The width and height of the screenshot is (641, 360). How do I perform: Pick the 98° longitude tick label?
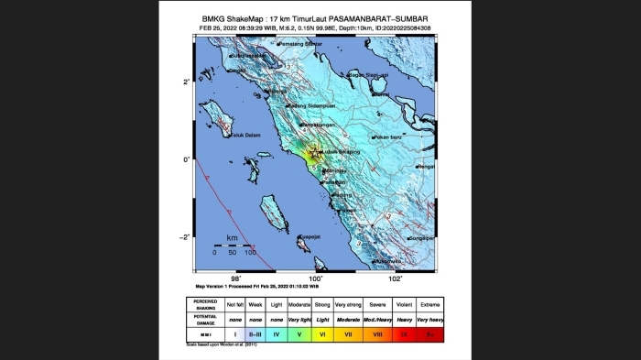(235, 278)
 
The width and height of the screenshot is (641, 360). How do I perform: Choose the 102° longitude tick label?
(396, 278)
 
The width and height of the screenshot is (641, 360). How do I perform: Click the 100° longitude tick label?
(316, 278)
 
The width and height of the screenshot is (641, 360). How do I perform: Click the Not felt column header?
(235, 303)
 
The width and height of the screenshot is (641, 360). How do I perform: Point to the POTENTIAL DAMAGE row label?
(206, 320)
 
